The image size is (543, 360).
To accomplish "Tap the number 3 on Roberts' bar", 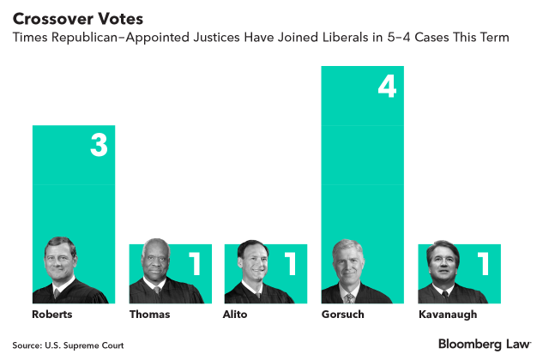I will click(x=99, y=145).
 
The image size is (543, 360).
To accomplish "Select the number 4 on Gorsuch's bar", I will click(x=386, y=86).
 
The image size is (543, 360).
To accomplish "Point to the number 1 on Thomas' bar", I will click(x=195, y=264).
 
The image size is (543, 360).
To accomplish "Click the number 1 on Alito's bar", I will click(x=290, y=264).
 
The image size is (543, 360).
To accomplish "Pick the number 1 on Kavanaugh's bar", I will click(x=484, y=264).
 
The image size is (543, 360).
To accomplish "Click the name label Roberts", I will click(x=51, y=315).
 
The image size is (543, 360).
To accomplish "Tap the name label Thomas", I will click(x=150, y=315).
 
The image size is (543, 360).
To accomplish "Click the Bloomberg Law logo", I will click(x=485, y=344).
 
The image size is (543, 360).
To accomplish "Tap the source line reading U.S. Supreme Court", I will click(x=69, y=345).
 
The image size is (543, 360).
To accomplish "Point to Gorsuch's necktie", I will click(x=349, y=297).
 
